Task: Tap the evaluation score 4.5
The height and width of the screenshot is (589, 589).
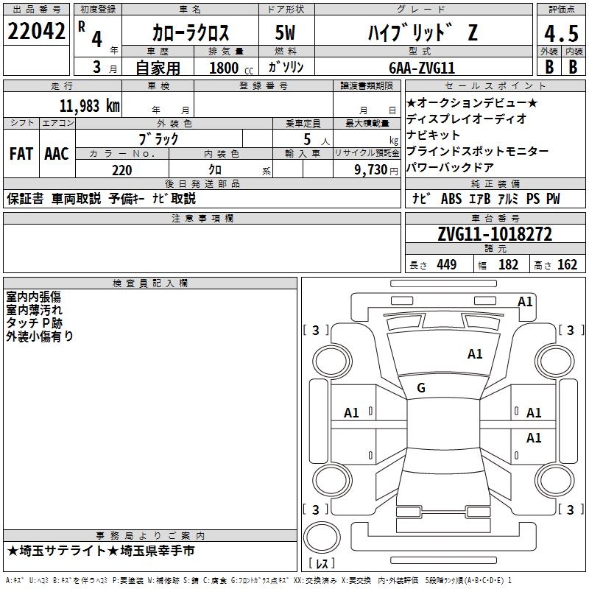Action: (x=561, y=33)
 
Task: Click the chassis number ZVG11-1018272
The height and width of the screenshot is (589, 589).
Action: (x=495, y=235)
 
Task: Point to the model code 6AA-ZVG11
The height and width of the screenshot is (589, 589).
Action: (x=422, y=66)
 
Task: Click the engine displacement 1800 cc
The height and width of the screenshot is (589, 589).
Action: (x=225, y=68)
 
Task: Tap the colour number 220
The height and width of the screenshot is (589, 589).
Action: (x=121, y=170)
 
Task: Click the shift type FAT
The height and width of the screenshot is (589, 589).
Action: (x=21, y=153)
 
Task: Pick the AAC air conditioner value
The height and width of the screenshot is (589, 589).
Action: (x=57, y=153)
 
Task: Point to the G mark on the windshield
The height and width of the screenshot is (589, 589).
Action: (x=421, y=388)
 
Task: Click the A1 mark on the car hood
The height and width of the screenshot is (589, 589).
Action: (x=475, y=354)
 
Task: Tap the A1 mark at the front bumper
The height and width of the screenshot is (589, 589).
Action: (x=525, y=301)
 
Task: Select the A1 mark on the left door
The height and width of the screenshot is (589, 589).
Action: (x=351, y=413)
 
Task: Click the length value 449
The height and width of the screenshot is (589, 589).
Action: (x=446, y=265)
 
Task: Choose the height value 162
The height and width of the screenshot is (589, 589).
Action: (x=567, y=265)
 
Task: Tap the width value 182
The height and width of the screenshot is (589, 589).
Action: (x=508, y=265)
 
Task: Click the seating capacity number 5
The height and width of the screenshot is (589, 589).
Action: (x=307, y=138)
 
